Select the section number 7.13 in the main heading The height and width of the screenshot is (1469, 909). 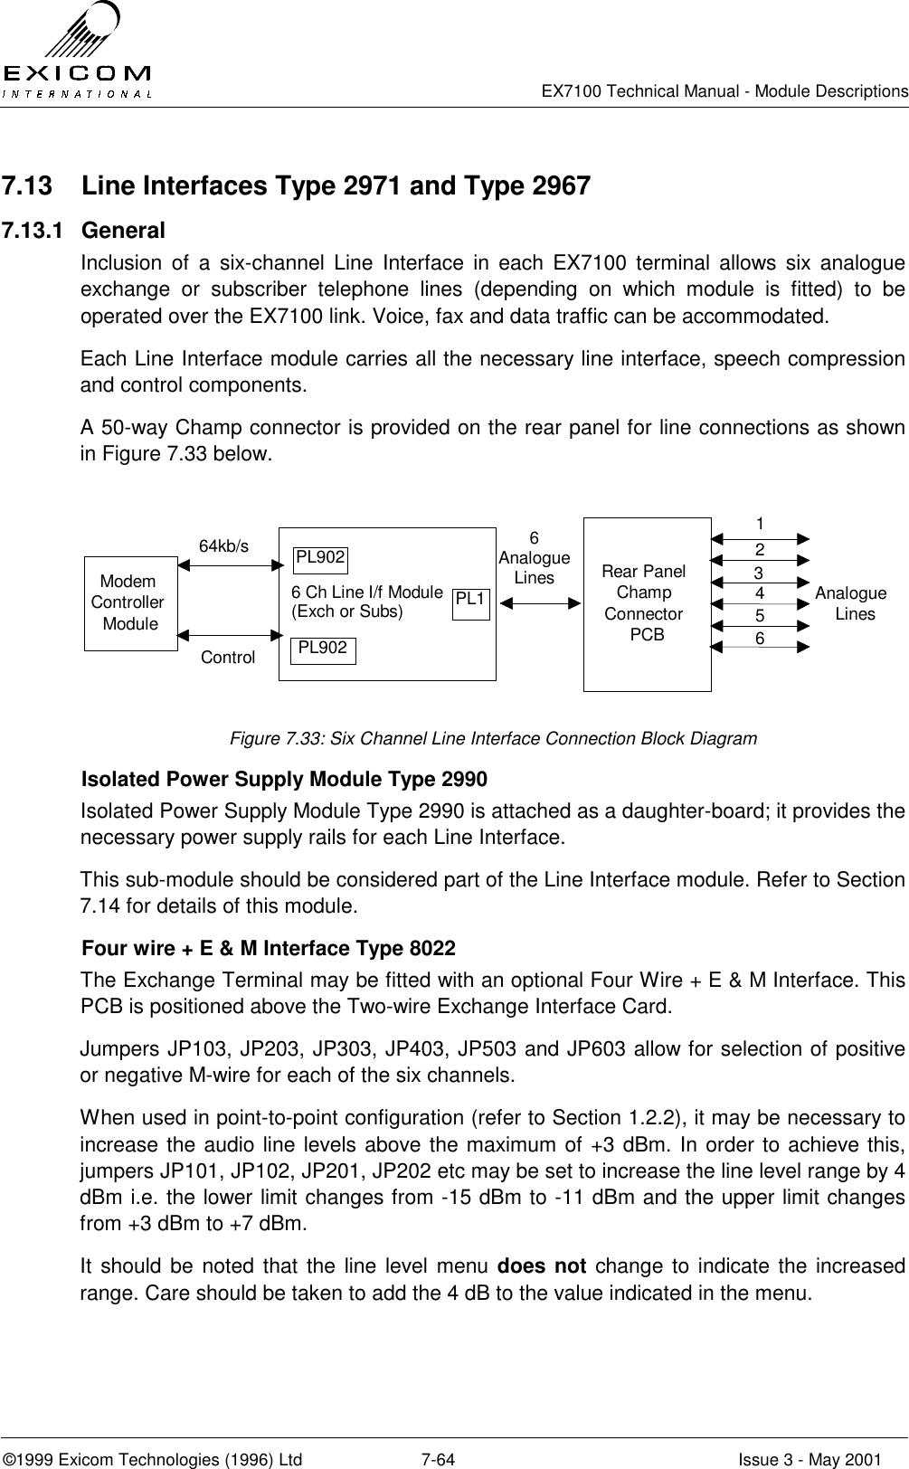[x=26, y=187]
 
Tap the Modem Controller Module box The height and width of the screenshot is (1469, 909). [x=129, y=602]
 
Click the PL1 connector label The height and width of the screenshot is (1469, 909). [x=470, y=599]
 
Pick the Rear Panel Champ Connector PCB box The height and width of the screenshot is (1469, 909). [x=647, y=603]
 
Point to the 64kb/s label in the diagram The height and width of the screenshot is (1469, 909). [x=223, y=545]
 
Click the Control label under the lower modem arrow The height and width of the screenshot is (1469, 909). [x=227, y=658]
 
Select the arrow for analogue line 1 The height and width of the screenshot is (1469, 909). [x=760, y=538]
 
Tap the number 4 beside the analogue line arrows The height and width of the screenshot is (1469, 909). [x=760, y=593]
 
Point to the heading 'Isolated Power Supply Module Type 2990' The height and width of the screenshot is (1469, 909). [x=284, y=780]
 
